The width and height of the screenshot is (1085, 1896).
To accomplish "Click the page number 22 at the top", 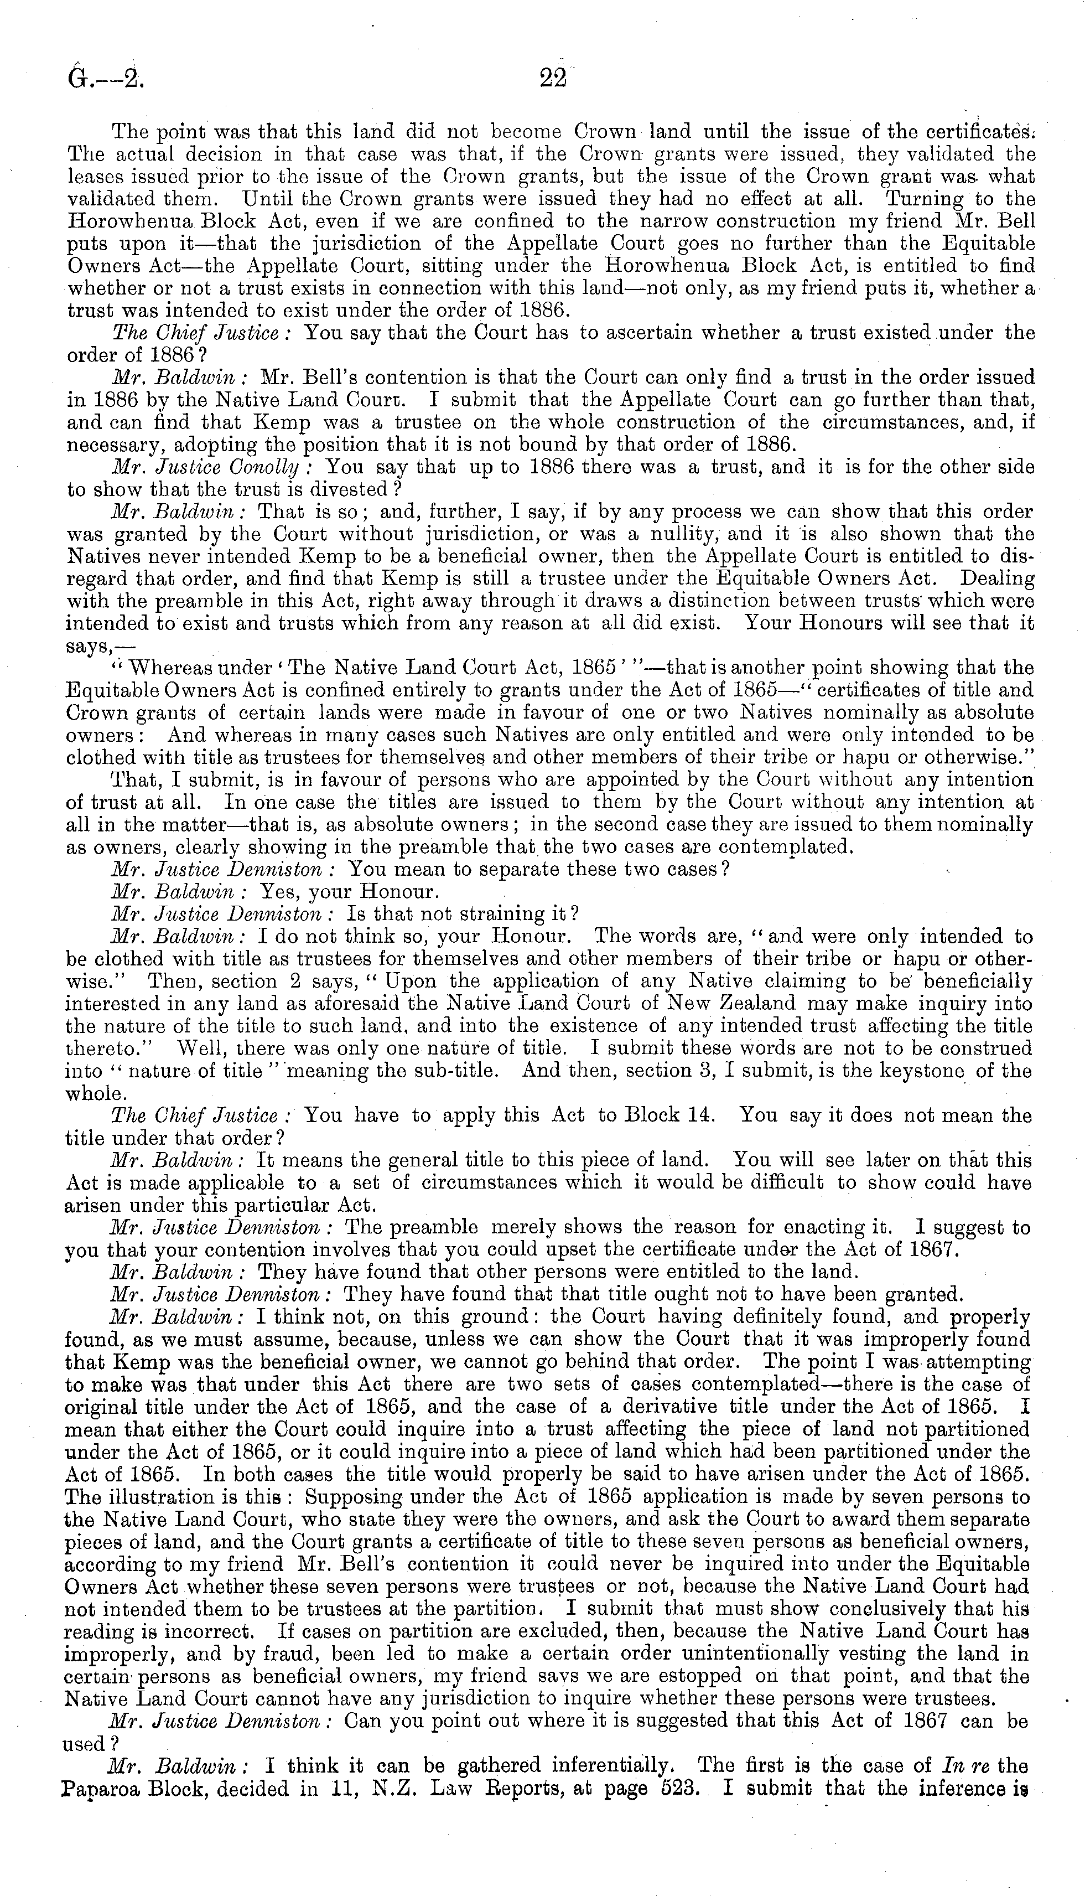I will (552, 78).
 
